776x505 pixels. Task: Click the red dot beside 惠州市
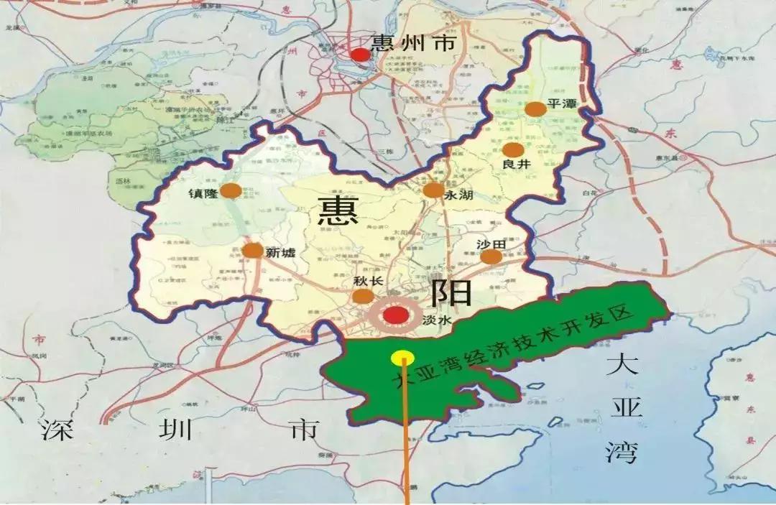tap(361, 55)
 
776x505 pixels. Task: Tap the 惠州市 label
tap(413, 43)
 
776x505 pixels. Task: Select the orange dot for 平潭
tap(535, 109)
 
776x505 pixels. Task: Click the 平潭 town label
tap(563, 103)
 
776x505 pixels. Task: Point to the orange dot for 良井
tap(513, 150)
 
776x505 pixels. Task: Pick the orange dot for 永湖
tap(433, 190)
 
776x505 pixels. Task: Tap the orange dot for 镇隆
tap(231, 190)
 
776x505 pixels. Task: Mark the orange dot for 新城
tap(253, 251)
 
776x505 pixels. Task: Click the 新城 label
tap(281, 253)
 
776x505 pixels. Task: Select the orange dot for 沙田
tap(491, 256)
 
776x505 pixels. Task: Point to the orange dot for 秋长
tap(364, 297)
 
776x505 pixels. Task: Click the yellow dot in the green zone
tap(402, 357)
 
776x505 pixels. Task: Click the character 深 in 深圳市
tap(60, 429)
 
